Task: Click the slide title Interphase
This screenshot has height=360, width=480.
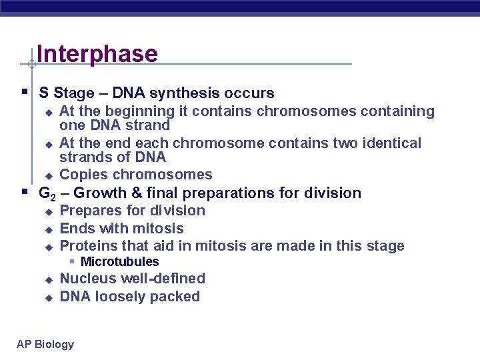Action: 97,54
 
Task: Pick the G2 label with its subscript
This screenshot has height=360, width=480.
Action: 47,194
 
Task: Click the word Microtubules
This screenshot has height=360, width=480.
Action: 119,262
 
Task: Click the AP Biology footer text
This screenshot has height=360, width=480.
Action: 45,344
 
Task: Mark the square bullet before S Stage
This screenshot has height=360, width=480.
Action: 24,92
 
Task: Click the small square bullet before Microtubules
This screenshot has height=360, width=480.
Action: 73,262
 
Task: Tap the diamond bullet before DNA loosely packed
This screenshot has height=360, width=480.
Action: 48,297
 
